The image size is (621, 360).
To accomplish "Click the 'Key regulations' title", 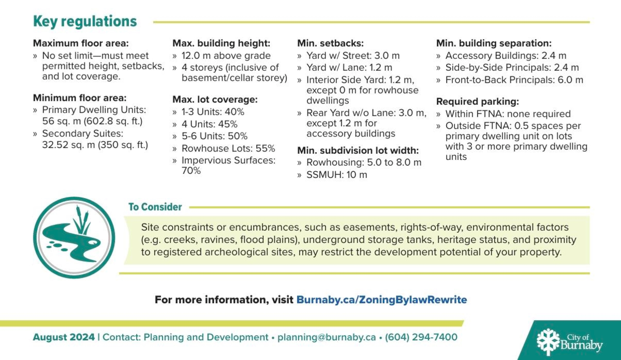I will pyautogui.click(x=85, y=22).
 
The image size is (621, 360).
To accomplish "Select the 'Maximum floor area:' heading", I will pyautogui.click(x=81, y=43).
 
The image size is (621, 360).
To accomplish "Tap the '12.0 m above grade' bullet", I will pyautogui.click(x=226, y=56).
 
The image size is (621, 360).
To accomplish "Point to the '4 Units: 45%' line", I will pyautogui.click(x=209, y=124).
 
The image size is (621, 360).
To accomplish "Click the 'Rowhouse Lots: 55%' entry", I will pyautogui.click(x=228, y=148).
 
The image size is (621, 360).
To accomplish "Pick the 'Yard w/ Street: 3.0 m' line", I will pyautogui.click(x=353, y=56).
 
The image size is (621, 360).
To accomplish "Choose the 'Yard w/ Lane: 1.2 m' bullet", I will pyautogui.click(x=349, y=68).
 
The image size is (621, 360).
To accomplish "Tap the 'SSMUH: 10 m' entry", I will pyautogui.click(x=336, y=175).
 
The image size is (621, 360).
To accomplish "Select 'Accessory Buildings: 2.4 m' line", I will pyautogui.click(x=505, y=56).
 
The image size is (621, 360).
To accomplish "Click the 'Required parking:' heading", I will pyautogui.click(x=477, y=101).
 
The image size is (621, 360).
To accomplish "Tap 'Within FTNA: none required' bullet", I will pyautogui.click(x=507, y=114).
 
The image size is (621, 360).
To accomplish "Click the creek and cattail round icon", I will pyautogui.click(x=74, y=237).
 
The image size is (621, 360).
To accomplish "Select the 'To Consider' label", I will pyautogui.click(x=155, y=207).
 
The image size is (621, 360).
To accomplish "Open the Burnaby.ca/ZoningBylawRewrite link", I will pyautogui.click(x=381, y=300).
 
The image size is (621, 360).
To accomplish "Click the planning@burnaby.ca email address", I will pyautogui.click(x=327, y=337).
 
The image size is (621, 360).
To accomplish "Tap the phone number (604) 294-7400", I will pyautogui.click(x=421, y=337).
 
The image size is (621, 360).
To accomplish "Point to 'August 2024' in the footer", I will pyautogui.click(x=64, y=337).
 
